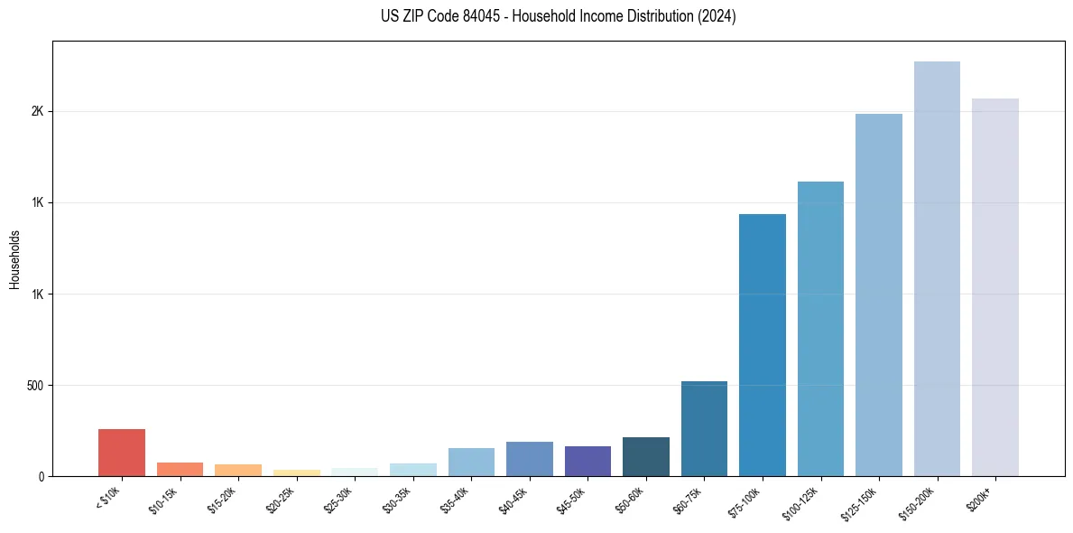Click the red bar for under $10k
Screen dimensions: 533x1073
click(x=122, y=453)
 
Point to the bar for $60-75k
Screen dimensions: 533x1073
click(x=704, y=428)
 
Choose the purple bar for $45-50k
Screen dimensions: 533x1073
click(x=587, y=461)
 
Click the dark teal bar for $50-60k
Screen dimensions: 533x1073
click(x=646, y=456)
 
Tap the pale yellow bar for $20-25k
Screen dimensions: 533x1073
click(x=297, y=472)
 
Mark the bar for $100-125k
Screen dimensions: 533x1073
click(x=820, y=329)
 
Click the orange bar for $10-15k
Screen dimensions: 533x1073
click(x=180, y=469)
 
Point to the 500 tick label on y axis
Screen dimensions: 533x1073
click(x=36, y=386)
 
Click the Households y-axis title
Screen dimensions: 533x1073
click(x=15, y=259)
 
